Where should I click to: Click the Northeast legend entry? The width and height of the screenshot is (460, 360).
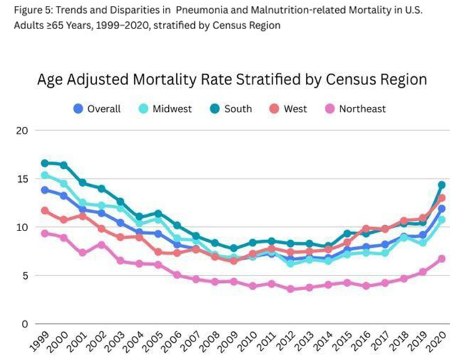pyautogui.click(x=356, y=109)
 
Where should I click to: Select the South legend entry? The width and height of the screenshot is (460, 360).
pyautogui.click(x=231, y=109)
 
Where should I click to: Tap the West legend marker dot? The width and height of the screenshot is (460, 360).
pyautogui.click(x=274, y=109)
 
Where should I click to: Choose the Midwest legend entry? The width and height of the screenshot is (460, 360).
pyautogui.click(x=165, y=109)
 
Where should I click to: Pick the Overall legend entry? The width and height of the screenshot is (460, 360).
pyautogui.click(x=97, y=109)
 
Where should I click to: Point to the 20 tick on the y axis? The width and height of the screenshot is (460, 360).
pyautogui.click(x=22, y=130)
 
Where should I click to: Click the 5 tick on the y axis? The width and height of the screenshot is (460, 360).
pyautogui.click(x=25, y=276)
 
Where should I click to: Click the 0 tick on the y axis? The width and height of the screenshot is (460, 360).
pyautogui.click(x=25, y=324)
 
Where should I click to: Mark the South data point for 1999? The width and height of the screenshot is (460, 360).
pyautogui.click(x=45, y=163)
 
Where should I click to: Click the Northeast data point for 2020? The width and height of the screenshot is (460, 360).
pyautogui.click(x=441, y=259)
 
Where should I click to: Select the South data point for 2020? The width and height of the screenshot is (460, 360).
pyautogui.click(x=441, y=185)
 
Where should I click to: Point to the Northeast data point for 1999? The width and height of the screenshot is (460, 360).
pyautogui.click(x=45, y=234)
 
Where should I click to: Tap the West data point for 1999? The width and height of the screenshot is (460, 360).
pyautogui.click(x=45, y=211)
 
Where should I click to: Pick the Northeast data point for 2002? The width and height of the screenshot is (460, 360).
pyautogui.click(x=102, y=245)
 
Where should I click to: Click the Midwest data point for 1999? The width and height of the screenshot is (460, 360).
pyautogui.click(x=45, y=175)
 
